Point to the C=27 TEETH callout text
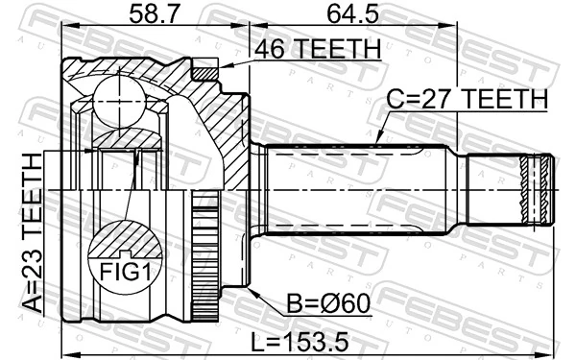pyautogui.click(x=468, y=99)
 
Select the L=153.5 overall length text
pyautogui.click(x=300, y=341)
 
